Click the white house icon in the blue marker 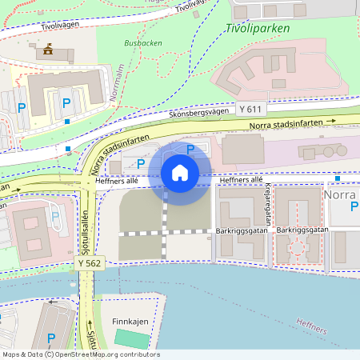coord(180,172)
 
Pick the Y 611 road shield coord(250,108)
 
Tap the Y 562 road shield coord(90,262)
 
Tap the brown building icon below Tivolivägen coord(49,50)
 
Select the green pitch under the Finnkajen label coord(132,338)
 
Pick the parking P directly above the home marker coord(190,149)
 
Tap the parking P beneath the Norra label coord(354,207)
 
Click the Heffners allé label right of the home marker coord(245,180)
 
